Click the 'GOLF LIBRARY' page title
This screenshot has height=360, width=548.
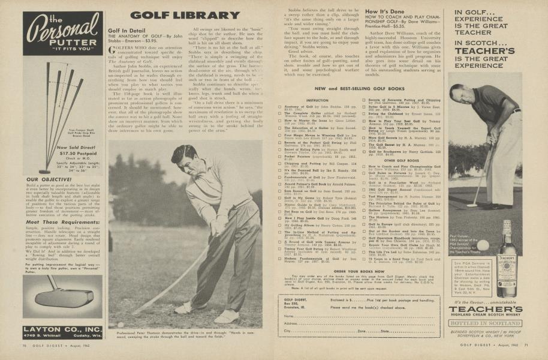[x=178, y=16]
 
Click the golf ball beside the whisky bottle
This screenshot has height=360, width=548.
[x=483, y=245]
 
